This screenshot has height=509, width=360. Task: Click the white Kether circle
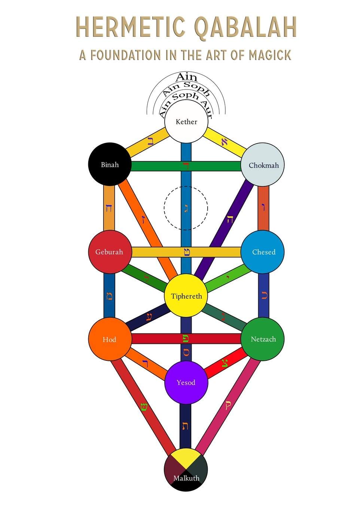pyautogui.click(x=186, y=122)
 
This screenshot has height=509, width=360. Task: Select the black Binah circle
pyautogui.click(x=110, y=164)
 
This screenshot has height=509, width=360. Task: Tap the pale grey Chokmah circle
pyautogui.click(x=263, y=165)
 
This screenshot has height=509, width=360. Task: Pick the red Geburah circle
pyautogui.click(x=110, y=252)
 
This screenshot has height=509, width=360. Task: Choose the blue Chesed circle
pyautogui.click(x=263, y=252)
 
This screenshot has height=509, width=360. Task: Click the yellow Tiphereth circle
pyautogui.click(x=186, y=296)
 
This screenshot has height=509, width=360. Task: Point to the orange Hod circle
pyautogui.click(x=110, y=339)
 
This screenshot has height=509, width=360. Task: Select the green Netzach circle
pyautogui.click(x=263, y=339)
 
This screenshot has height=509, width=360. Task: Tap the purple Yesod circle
pyautogui.click(x=186, y=382)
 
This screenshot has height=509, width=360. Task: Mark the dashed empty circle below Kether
pyautogui.click(x=186, y=208)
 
